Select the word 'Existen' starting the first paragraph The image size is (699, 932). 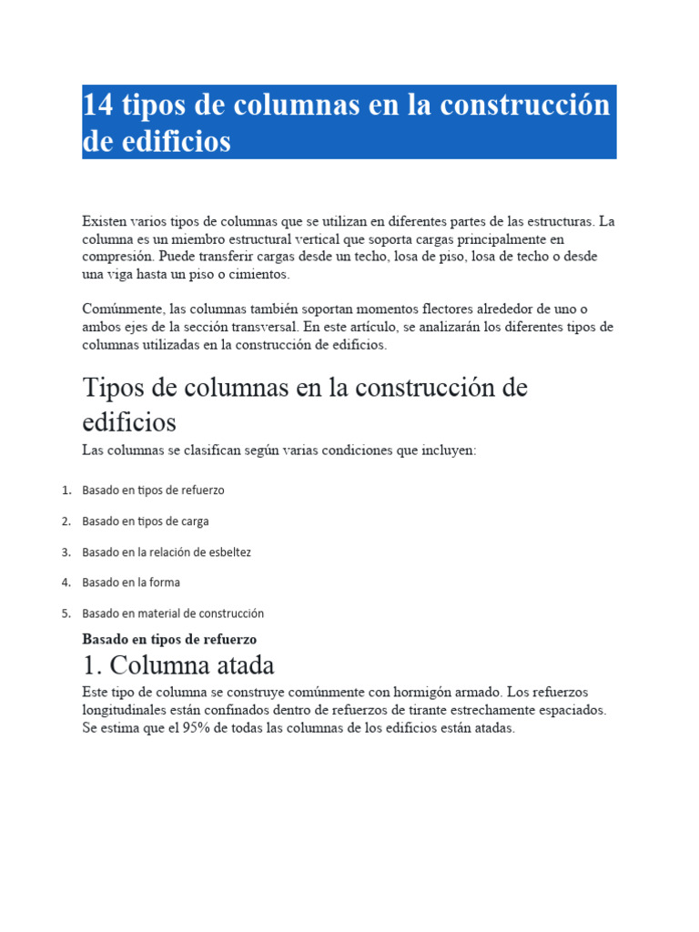(105, 221)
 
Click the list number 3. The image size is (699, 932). (66, 552)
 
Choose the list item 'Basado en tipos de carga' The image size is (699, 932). (146, 522)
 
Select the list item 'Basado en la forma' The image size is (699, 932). (131, 582)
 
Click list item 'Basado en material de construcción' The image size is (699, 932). (173, 613)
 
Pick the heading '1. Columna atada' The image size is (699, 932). (178, 665)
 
